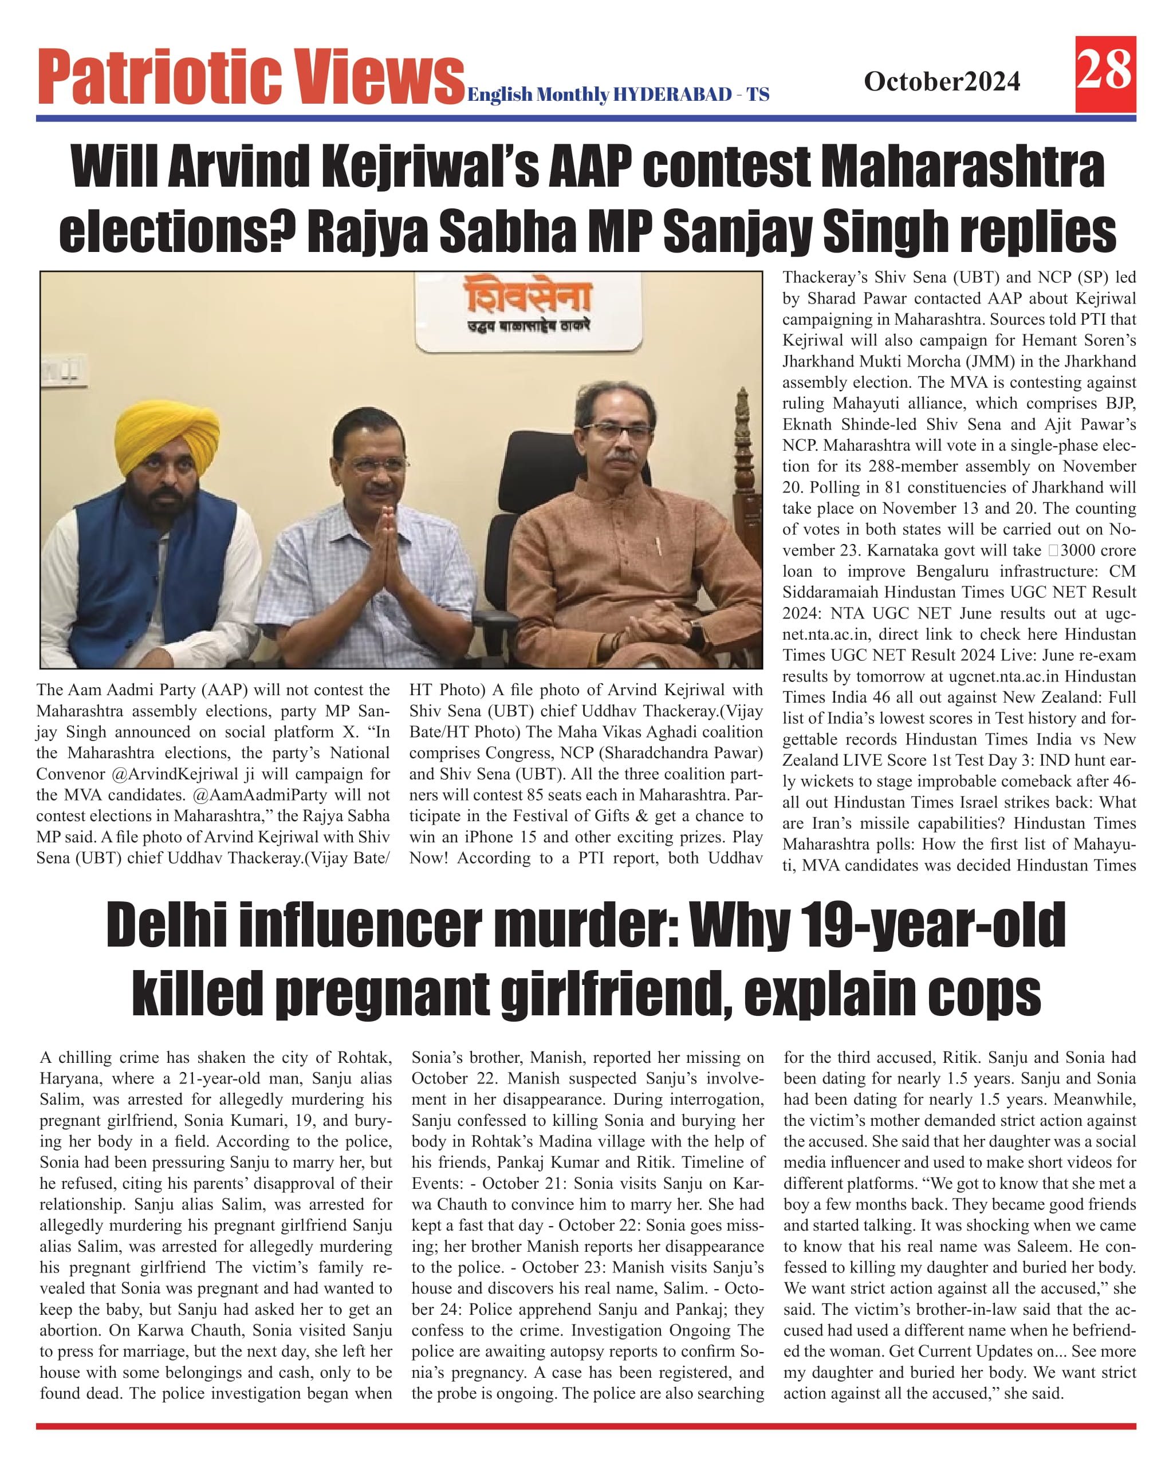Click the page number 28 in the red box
click(1104, 72)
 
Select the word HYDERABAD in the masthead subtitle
click(672, 94)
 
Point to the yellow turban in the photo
click(167, 436)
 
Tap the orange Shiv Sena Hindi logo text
click(528, 297)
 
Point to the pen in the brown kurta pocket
click(658, 546)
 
